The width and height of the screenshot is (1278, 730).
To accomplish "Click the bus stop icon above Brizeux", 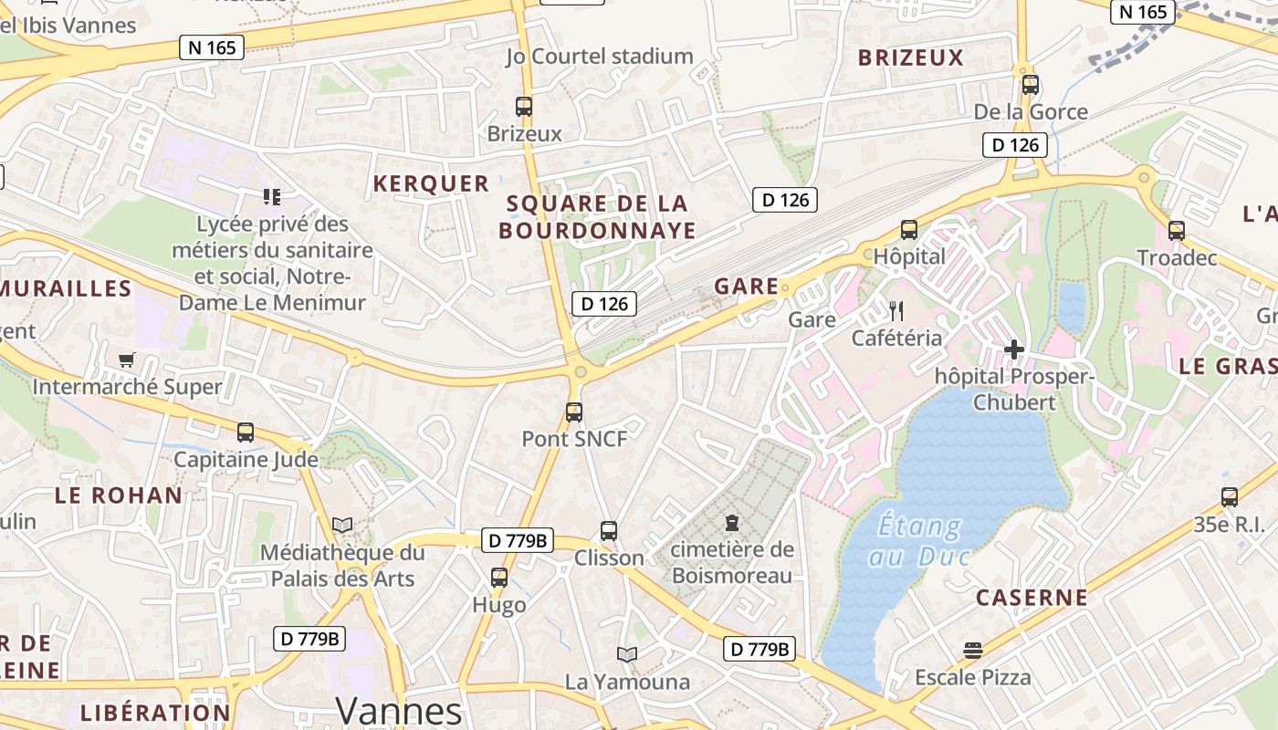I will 523,106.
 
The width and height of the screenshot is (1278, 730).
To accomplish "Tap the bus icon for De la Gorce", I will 1031,85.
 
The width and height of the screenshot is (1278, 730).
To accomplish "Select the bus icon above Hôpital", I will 908,229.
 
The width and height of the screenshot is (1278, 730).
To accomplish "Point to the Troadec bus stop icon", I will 1177,230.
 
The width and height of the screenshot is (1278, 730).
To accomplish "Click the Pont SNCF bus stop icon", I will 574,412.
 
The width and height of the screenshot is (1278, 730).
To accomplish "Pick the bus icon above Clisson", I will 609,530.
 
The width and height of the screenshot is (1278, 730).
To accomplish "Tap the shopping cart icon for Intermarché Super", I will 126,360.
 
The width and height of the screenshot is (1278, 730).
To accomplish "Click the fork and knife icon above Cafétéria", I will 896,311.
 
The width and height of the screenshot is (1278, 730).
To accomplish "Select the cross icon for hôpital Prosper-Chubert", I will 1014,349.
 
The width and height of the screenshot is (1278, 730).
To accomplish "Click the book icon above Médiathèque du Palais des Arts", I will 342,525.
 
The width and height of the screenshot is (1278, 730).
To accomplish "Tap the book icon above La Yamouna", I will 627,654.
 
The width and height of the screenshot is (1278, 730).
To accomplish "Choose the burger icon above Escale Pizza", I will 973,651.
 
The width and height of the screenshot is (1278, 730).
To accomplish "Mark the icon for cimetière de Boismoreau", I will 731,523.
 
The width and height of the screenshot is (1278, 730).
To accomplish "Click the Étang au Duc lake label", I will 918,540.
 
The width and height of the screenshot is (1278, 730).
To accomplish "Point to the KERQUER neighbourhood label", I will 431,183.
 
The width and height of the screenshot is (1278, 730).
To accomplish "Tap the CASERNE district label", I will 1032,598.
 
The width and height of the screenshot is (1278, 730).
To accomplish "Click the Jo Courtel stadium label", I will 600,57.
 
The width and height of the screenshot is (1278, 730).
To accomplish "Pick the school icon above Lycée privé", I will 271,196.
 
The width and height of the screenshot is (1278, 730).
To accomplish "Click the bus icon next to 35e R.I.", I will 1230,497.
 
